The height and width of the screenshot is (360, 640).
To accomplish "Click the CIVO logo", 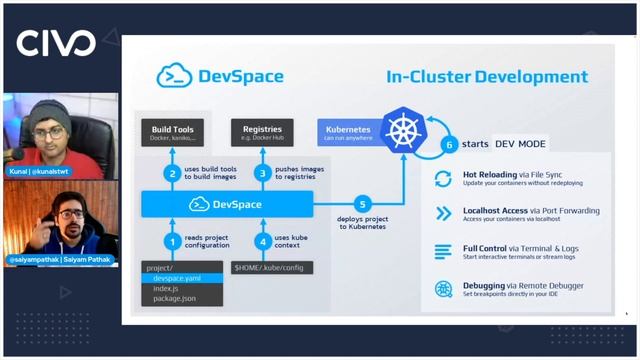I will (x=56, y=43).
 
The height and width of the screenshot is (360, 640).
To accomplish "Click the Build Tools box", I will (x=172, y=132).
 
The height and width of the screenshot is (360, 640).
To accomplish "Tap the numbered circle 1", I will (x=173, y=240).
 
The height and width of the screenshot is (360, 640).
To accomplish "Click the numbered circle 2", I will (x=173, y=172).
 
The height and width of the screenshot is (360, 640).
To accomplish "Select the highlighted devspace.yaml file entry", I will (x=178, y=279).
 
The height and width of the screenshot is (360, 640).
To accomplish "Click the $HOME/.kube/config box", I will (x=271, y=268).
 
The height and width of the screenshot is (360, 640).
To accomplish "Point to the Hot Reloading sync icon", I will (x=443, y=179).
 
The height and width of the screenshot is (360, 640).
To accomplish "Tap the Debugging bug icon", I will (x=443, y=289).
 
